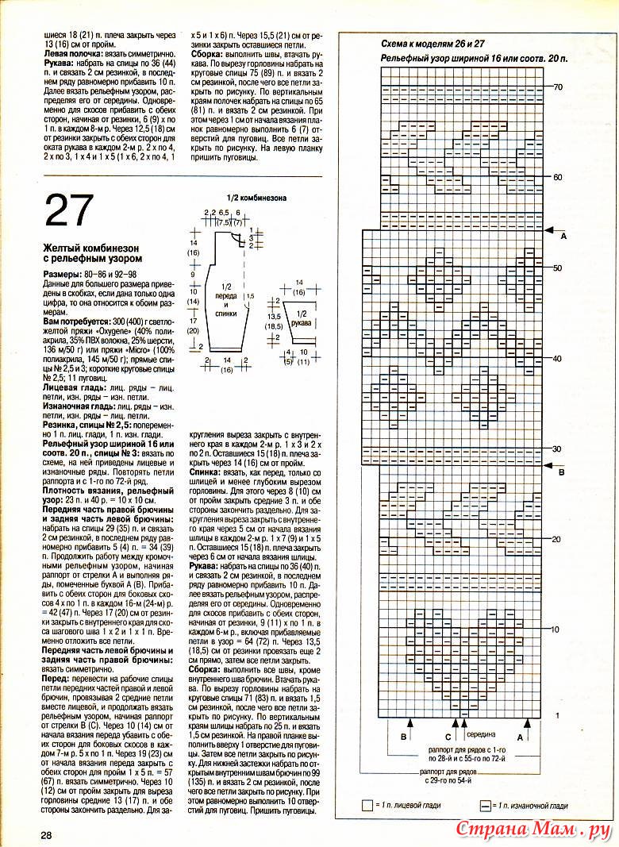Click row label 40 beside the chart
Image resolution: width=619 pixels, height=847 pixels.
pos(558,359)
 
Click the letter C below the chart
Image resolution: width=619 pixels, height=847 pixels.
pos(448,737)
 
